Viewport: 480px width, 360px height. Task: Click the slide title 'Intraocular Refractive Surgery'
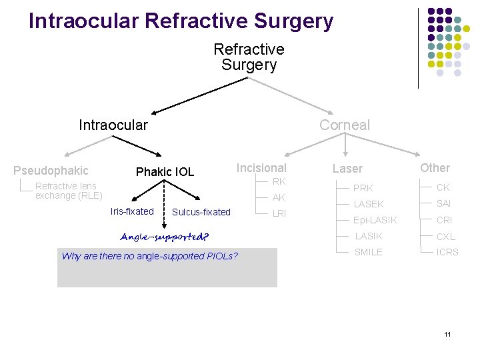tap(181, 21)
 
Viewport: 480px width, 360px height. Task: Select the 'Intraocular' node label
tap(113, 125)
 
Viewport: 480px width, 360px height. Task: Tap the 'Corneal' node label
tap(344, 125)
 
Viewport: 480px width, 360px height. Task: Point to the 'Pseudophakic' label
tap(51, 171)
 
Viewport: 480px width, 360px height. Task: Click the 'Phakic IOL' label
tap(165, 172)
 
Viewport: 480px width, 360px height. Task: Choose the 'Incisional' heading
tap(261, 168)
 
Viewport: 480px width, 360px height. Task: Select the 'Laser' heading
tap(347, 169)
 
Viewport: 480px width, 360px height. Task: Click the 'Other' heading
tap(435, 168)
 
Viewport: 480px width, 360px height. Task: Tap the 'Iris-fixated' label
tap(131, 211)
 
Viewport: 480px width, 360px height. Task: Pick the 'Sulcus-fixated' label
tap(201, 212)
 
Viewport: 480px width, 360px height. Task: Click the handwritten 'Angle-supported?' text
tap(164, 237)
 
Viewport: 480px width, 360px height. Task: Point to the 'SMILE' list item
tap(368, 252)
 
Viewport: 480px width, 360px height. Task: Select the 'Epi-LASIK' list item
tap(375, 220)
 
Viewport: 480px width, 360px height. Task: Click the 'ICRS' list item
tap(447, 252)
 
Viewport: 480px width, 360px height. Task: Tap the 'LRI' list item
tap(279, 213)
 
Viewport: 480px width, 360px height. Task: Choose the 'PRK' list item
tap(363, 188)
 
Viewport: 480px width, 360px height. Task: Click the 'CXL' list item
tap(445, 236)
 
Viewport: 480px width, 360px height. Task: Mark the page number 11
tap(447, 334)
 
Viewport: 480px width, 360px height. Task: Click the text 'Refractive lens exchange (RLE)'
tap(68, 191)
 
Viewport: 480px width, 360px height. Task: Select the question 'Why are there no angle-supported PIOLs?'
tap(149, 256)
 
